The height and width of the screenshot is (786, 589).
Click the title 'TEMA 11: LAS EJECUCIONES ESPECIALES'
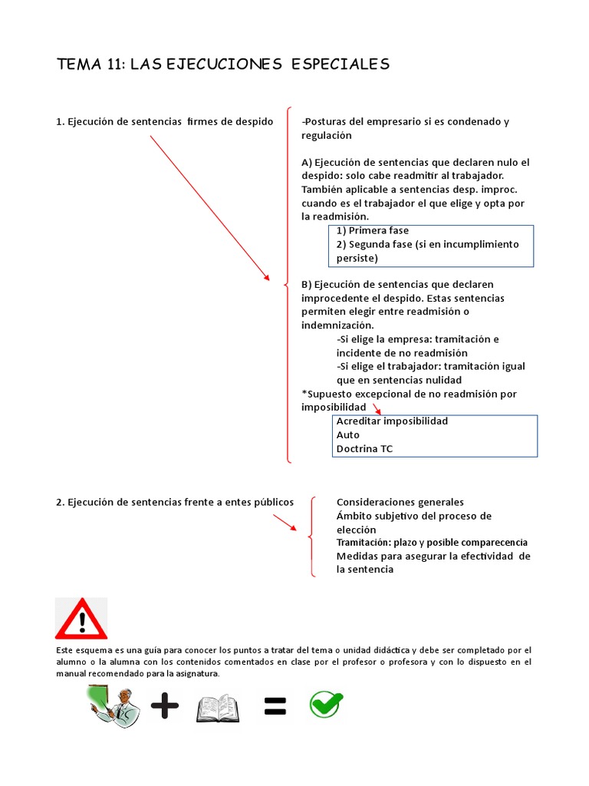point(223,64)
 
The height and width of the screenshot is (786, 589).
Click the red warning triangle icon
point(81,619)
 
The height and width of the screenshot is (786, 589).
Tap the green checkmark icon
point(326,704)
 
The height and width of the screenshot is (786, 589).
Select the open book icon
point(219,708)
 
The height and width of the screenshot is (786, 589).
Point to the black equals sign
point(275,708)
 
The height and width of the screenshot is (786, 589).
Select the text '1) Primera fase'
point(373,230)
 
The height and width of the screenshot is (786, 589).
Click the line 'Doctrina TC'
point(364,448)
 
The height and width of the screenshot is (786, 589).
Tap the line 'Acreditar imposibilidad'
point(392,421)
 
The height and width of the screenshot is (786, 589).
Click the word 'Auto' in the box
point(347,434)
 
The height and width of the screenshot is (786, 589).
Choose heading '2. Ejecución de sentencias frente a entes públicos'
point(175,502)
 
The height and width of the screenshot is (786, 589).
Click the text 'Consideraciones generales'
point(400,502)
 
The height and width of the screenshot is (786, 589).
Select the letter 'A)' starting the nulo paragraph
point(307,163)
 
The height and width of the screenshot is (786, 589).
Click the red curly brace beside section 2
point(312,537)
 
